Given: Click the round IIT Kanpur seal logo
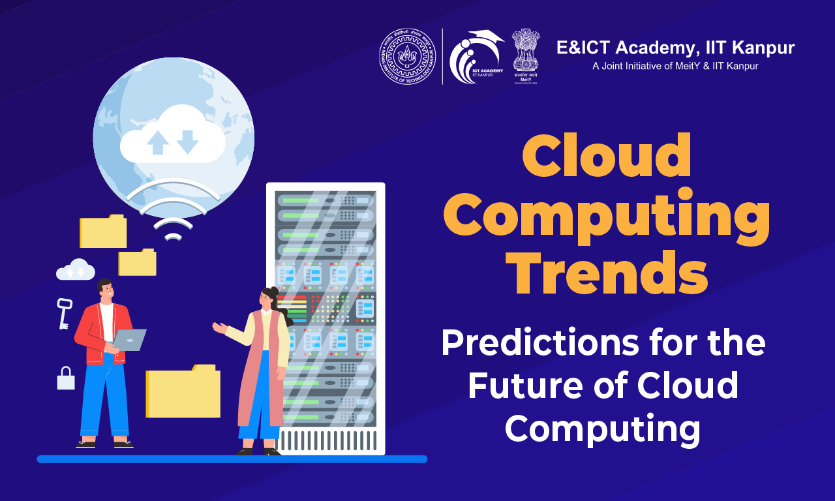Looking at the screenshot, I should [x=408, y=56].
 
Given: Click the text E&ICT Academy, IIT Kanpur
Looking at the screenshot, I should [x=675, y=48].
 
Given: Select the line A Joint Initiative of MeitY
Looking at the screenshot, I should [x=675, y=66].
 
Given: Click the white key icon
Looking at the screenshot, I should [x=64, y=312].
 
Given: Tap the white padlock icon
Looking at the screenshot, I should [x=66, y=379].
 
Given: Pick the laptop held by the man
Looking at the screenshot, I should [x=129, y=340].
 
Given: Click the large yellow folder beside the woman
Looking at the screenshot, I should [x=183, y=391].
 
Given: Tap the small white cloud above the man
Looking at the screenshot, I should [x=76, y=269].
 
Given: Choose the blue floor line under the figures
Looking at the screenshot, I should [x=232, y=459].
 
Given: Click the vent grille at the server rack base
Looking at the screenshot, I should [x=327, y=440].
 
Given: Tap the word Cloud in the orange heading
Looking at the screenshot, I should [x=606, y=157].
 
